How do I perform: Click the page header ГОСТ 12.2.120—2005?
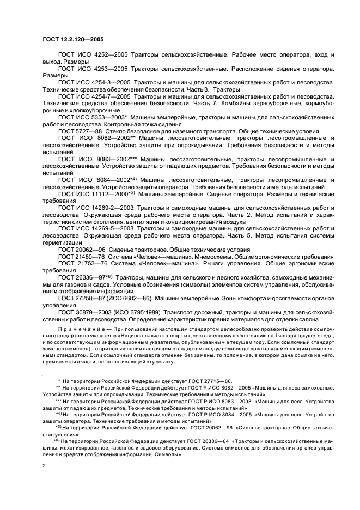pyautogui.click(x=73, y=39)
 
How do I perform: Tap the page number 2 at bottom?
pyautogui.click(x=44, y=466)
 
